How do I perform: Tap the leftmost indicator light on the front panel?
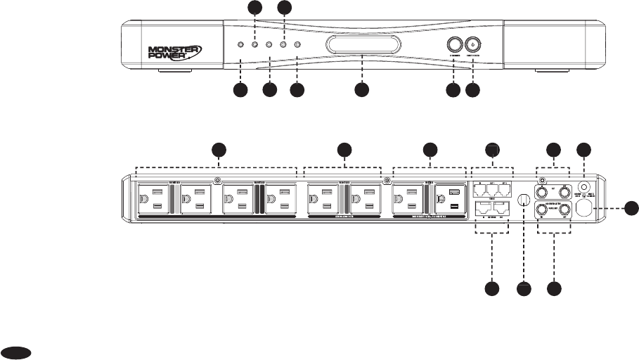(x=241, y=45)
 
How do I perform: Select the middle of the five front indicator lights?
(x=269, y=45)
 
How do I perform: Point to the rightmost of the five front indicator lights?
(x=297, y=45)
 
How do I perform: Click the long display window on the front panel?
(x=362, y=46)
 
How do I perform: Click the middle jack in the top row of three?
(x=492, y=191)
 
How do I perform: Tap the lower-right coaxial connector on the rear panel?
(x=564, y=209)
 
